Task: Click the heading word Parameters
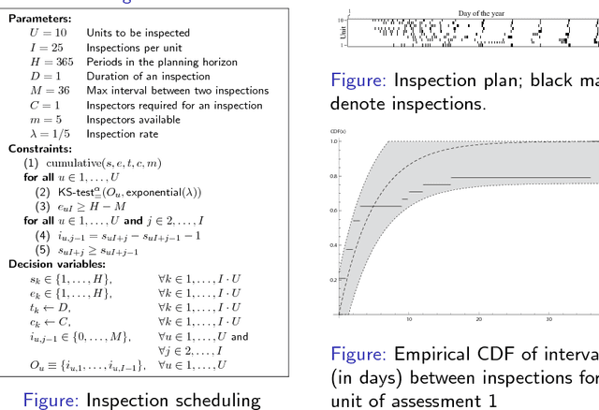pyautogui.click(x=39, y=18)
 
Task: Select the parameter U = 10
pyautogui.click(x=47, y=32)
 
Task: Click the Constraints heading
pyautogui.click(x=40, y=149)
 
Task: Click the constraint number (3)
pyautogui.click(x=43, y=206)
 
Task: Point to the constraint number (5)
pyautogui.click(x=43, y=250)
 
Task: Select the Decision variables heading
pyautogui.click(x=53, y=264)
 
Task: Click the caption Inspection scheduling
pyautogui.click(x=173, y=400)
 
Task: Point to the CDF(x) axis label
pyautogui.click(x=338, y=131)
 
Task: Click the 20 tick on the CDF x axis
pyautogui.click(x=479, y=319)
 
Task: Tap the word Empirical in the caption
pyautogui.click(x=430, y=354)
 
